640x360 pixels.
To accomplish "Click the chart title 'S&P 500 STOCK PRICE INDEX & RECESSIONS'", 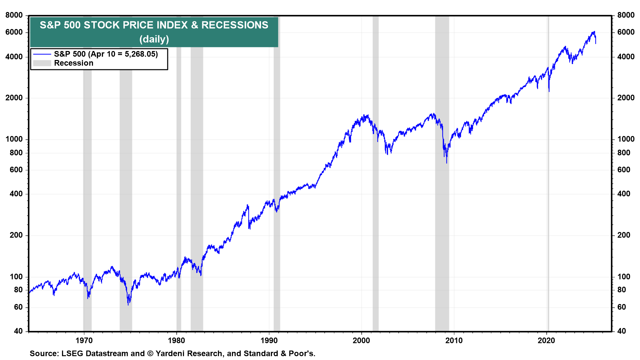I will [154, 25].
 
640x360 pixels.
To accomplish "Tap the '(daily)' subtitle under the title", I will [154, 39].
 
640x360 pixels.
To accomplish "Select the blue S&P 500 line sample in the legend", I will [42, 54].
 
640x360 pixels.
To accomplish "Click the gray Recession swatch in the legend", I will [42, 63].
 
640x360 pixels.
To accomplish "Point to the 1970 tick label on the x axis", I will [84, 340].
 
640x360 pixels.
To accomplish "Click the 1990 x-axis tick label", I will [269, 340].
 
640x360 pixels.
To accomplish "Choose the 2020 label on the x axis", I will [546, 340].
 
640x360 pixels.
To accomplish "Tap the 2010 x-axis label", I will [454, 340].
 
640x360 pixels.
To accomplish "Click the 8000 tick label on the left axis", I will [14, 15].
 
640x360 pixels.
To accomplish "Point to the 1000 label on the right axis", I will [626, 139].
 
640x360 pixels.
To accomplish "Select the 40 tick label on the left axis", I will [18, 331].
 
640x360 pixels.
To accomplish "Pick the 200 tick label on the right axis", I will [624, 235].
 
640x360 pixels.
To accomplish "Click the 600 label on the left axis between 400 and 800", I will [16, 170].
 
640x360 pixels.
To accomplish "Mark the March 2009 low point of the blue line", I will [447, 162].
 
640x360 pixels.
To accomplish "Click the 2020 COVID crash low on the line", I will [549, 91].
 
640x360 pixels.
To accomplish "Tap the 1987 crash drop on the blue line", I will [249, 228].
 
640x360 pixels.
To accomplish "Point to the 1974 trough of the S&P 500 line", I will [128, 304].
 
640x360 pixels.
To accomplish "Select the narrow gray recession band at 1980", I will [179, 200].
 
